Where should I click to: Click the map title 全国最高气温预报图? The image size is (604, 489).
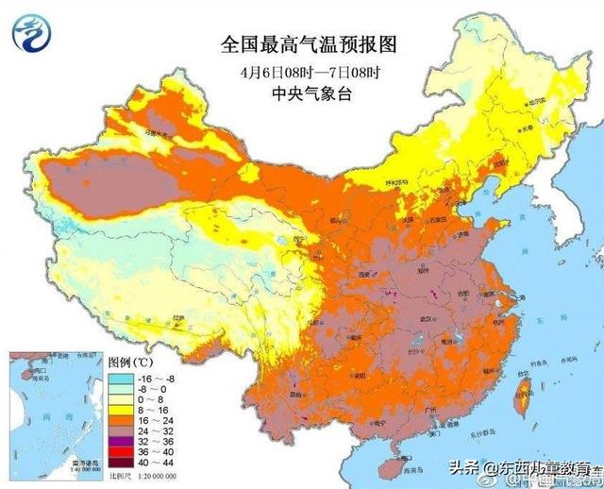point(301,44)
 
